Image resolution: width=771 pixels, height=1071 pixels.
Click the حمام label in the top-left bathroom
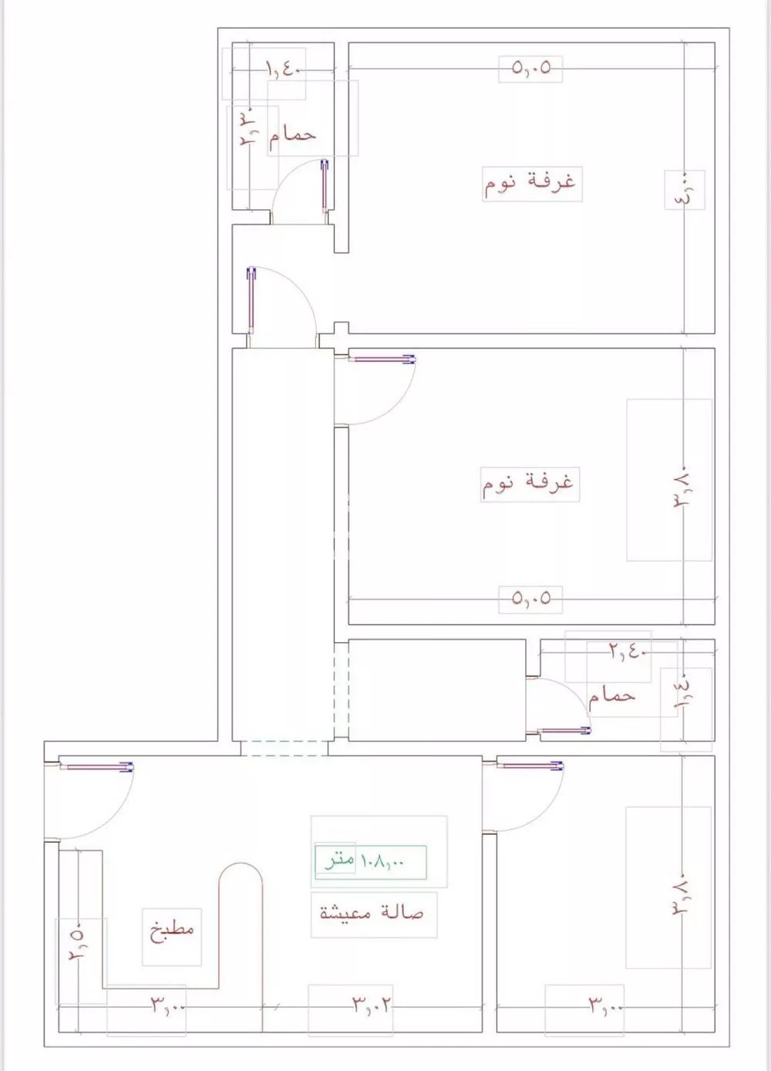pyautogui.click(x=292, y=135)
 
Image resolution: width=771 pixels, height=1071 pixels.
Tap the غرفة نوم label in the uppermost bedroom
pyautogui.click(x=530, y=183)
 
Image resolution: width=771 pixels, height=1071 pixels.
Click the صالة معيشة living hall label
pyautogui.click(x=372, y=913)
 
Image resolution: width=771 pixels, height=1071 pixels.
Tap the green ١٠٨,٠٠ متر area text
pyautogui.click(x=370, y=860)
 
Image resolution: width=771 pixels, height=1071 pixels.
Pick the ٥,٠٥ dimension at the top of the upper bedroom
pyautogui.click(x=530, y=68)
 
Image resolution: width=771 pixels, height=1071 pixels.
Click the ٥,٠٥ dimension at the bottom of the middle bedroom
pyautogui.click(x=530, y=598)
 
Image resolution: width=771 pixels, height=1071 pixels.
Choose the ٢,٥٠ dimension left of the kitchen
pyautogui.click(x=78, y=944)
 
